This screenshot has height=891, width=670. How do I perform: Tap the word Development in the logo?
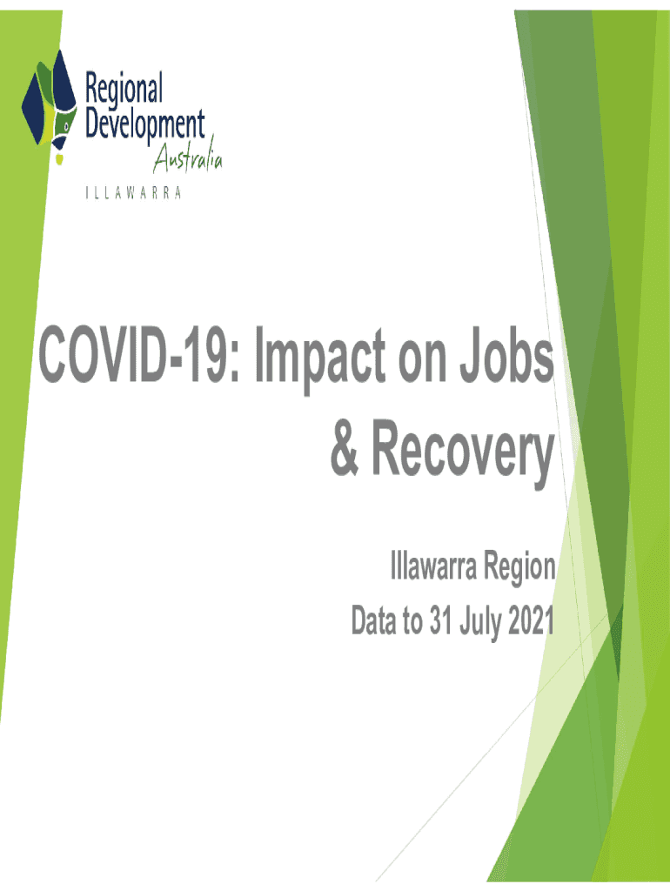[145, 126]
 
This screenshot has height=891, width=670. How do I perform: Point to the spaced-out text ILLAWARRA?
[133, 193]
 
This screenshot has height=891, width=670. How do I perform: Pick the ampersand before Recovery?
[345, 447]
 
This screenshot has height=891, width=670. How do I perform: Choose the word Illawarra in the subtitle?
[433, 566]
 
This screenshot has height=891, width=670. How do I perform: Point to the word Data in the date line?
[374, 620]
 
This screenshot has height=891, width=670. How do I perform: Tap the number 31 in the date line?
[441, 620]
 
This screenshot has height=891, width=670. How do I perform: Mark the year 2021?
[531, 620]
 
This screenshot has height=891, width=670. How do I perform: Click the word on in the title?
[423, 364]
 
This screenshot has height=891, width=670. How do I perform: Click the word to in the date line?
[413, 621]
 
